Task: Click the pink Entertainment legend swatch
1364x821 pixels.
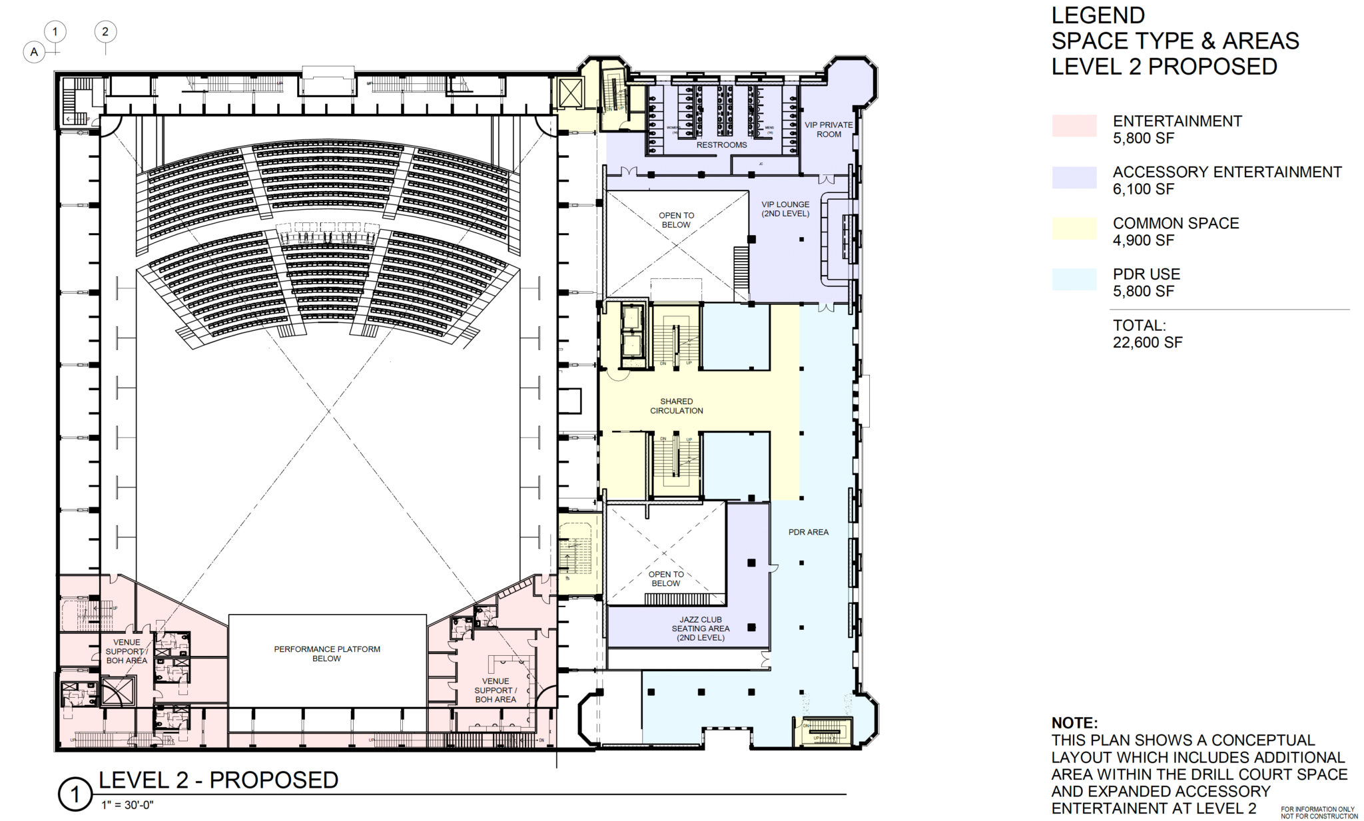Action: (1074, 126)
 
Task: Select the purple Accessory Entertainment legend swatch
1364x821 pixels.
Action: (1074, 177)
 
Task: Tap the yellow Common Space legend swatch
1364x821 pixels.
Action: (1074, 228)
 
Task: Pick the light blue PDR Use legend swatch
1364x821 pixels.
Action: (1074, 279)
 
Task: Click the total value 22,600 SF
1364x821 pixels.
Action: (1147, 343)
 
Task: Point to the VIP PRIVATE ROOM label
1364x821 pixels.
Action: (829, 129)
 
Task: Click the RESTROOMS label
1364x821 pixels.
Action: (721, 144)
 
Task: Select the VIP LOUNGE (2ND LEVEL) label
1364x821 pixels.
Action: (785, 209)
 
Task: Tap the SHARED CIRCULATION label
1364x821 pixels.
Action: (676, 406)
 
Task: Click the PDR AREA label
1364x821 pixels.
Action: (808, 532)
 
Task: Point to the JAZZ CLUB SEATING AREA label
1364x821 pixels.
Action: (701, 629)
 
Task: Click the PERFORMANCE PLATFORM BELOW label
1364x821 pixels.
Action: (327, 653)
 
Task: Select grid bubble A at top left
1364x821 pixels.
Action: (34, 52)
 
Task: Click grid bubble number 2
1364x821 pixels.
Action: (105, 31)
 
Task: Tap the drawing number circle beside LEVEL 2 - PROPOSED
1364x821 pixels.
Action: (75, 794)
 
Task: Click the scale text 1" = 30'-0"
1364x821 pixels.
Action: (127, 804)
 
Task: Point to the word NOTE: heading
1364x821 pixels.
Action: (1074, 723)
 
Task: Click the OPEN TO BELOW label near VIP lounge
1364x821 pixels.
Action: (676, 220)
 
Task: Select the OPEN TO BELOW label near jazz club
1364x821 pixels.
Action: (665, 579)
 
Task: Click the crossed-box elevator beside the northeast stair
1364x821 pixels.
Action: (570, 93)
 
